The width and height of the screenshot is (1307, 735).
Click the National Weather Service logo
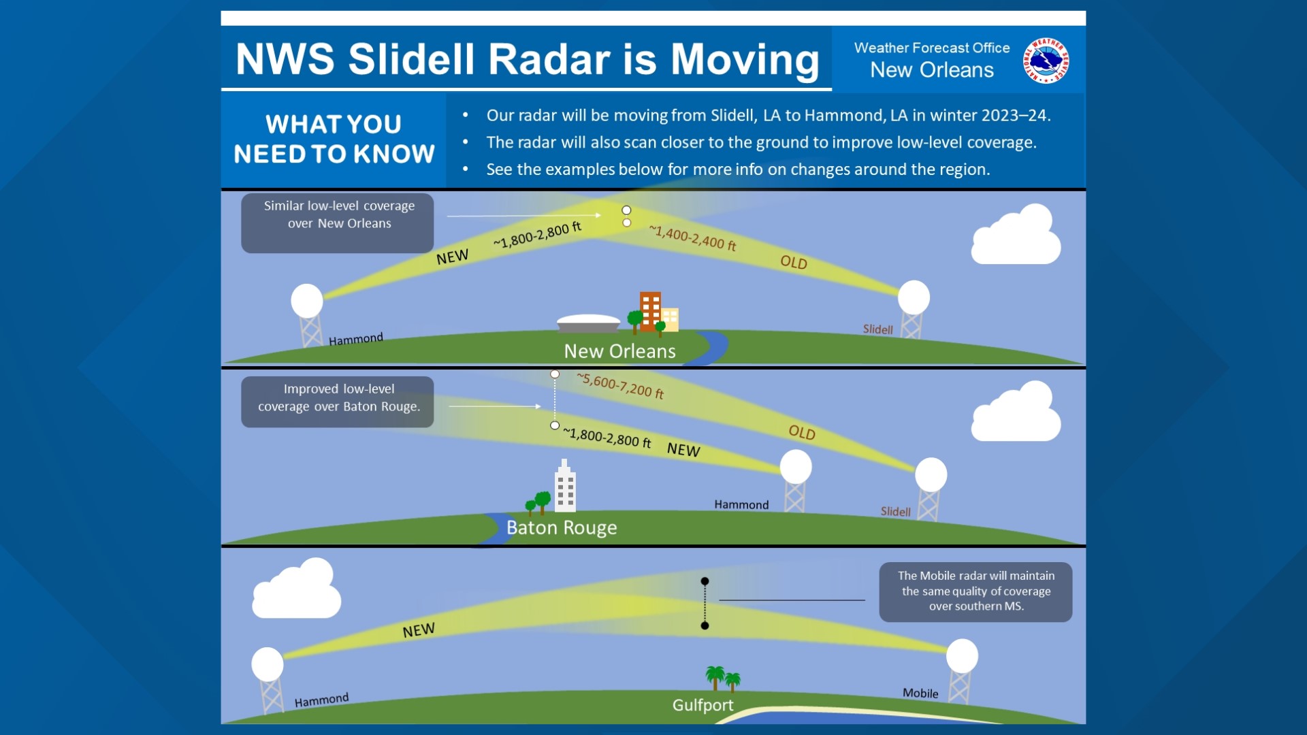(x=1046, y=61)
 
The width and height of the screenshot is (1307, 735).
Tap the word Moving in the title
(x=745, y=59)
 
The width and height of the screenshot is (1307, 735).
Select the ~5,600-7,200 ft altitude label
(x=620, y=386)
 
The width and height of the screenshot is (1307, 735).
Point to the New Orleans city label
(x=619, y=351)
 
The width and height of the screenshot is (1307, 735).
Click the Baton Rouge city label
(x=562, y=527)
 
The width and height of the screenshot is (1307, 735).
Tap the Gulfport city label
(x=703, y=705)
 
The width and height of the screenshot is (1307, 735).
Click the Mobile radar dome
(x=962, y=656)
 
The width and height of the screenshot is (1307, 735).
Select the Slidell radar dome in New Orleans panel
(x=914, y=297)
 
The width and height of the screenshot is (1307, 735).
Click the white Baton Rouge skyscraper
(x=564, y=487)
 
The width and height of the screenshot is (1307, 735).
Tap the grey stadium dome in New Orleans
(x=588, y=323)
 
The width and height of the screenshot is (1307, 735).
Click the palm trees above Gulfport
(x=722, y=678)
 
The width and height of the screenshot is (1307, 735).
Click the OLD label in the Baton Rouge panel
(x=802, y=433)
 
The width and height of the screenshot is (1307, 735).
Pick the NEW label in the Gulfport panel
(x=419, y=630)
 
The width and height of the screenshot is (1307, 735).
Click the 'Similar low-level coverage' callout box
(x=338, y=223)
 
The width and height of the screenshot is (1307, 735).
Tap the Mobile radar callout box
(x=975, y=591)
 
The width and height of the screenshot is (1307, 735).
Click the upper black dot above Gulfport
(x=705, y=581)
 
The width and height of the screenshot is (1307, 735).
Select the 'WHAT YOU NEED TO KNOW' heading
(x=334, y=140)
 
